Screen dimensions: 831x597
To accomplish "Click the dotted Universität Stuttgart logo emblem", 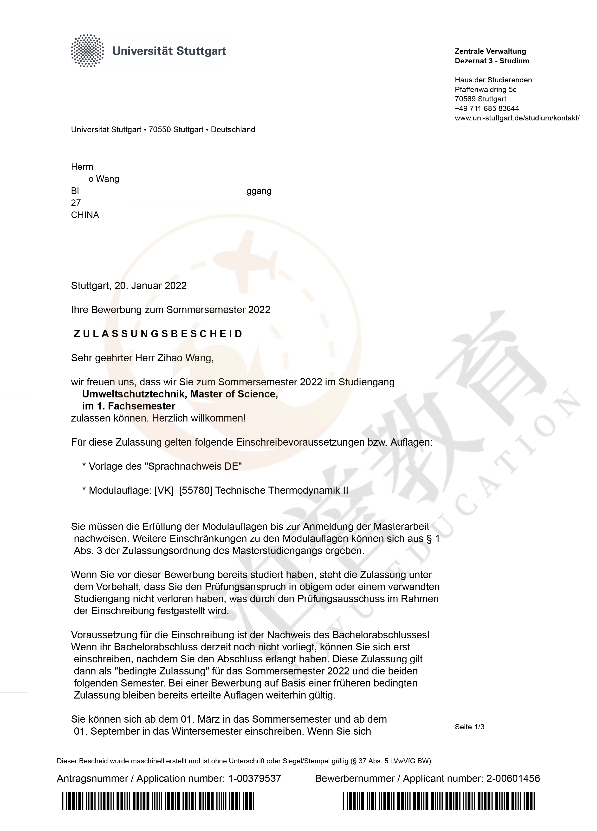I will coord(87,51).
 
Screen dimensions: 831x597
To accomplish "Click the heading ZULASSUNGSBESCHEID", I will coord(158,334).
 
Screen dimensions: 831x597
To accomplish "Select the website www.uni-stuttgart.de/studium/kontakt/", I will coord(517,118).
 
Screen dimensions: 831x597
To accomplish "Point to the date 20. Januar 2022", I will coord(150,286).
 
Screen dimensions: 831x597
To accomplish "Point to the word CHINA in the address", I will coord(85,215).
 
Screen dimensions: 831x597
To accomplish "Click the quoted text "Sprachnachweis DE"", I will coord(193,466).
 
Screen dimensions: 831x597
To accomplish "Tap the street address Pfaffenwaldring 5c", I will coord(485,89).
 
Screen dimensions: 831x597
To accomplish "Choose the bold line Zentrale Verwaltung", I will coord(490,51).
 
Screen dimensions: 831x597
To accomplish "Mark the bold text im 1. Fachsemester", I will coord(129,406).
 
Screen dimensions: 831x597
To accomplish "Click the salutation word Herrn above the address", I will coord(82,167).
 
